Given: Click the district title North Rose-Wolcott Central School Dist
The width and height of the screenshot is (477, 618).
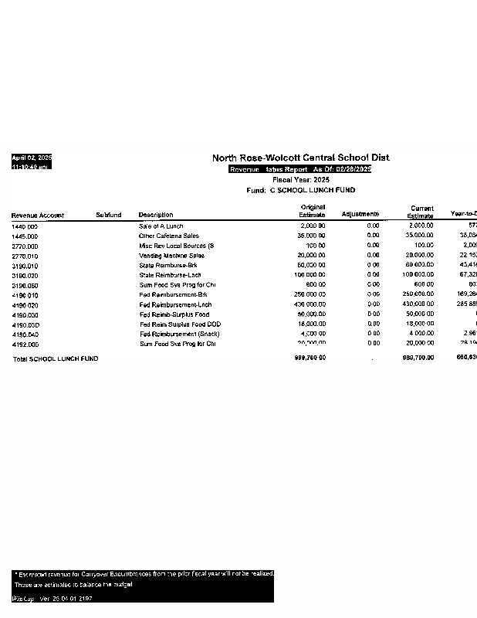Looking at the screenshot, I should click(x=300, y=158).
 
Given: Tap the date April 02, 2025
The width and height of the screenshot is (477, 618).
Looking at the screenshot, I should click(x=31, y=158).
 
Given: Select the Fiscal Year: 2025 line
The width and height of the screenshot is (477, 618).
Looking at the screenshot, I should click(x=300, y=179).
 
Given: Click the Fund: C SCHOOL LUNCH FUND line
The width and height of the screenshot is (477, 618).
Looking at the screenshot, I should click(x=300, y=189).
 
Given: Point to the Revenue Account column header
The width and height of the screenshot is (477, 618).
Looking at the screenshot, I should click(x=38, y=216).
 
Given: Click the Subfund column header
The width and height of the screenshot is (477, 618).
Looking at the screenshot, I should click(x=109, y=215).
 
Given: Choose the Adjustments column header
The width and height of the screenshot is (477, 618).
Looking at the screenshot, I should click(x=360, y=214).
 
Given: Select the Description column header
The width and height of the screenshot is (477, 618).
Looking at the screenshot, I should click(x=156, y=215).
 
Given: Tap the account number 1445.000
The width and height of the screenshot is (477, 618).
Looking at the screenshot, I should click(x=25, y=236).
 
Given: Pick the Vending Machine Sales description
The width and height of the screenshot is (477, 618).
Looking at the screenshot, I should click(x=171, y=256).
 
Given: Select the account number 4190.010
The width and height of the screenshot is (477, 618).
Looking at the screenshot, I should click(x=25, y=295).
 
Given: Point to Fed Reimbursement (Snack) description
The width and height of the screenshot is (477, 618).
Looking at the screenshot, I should click(x=179, y=334).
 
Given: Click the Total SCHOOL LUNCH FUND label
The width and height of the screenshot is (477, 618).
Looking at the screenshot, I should click(x=55, y=358).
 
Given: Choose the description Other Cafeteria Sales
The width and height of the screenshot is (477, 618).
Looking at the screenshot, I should click(x=168, y=236).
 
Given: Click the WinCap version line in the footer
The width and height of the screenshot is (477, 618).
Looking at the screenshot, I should click(x=52, y=599).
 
